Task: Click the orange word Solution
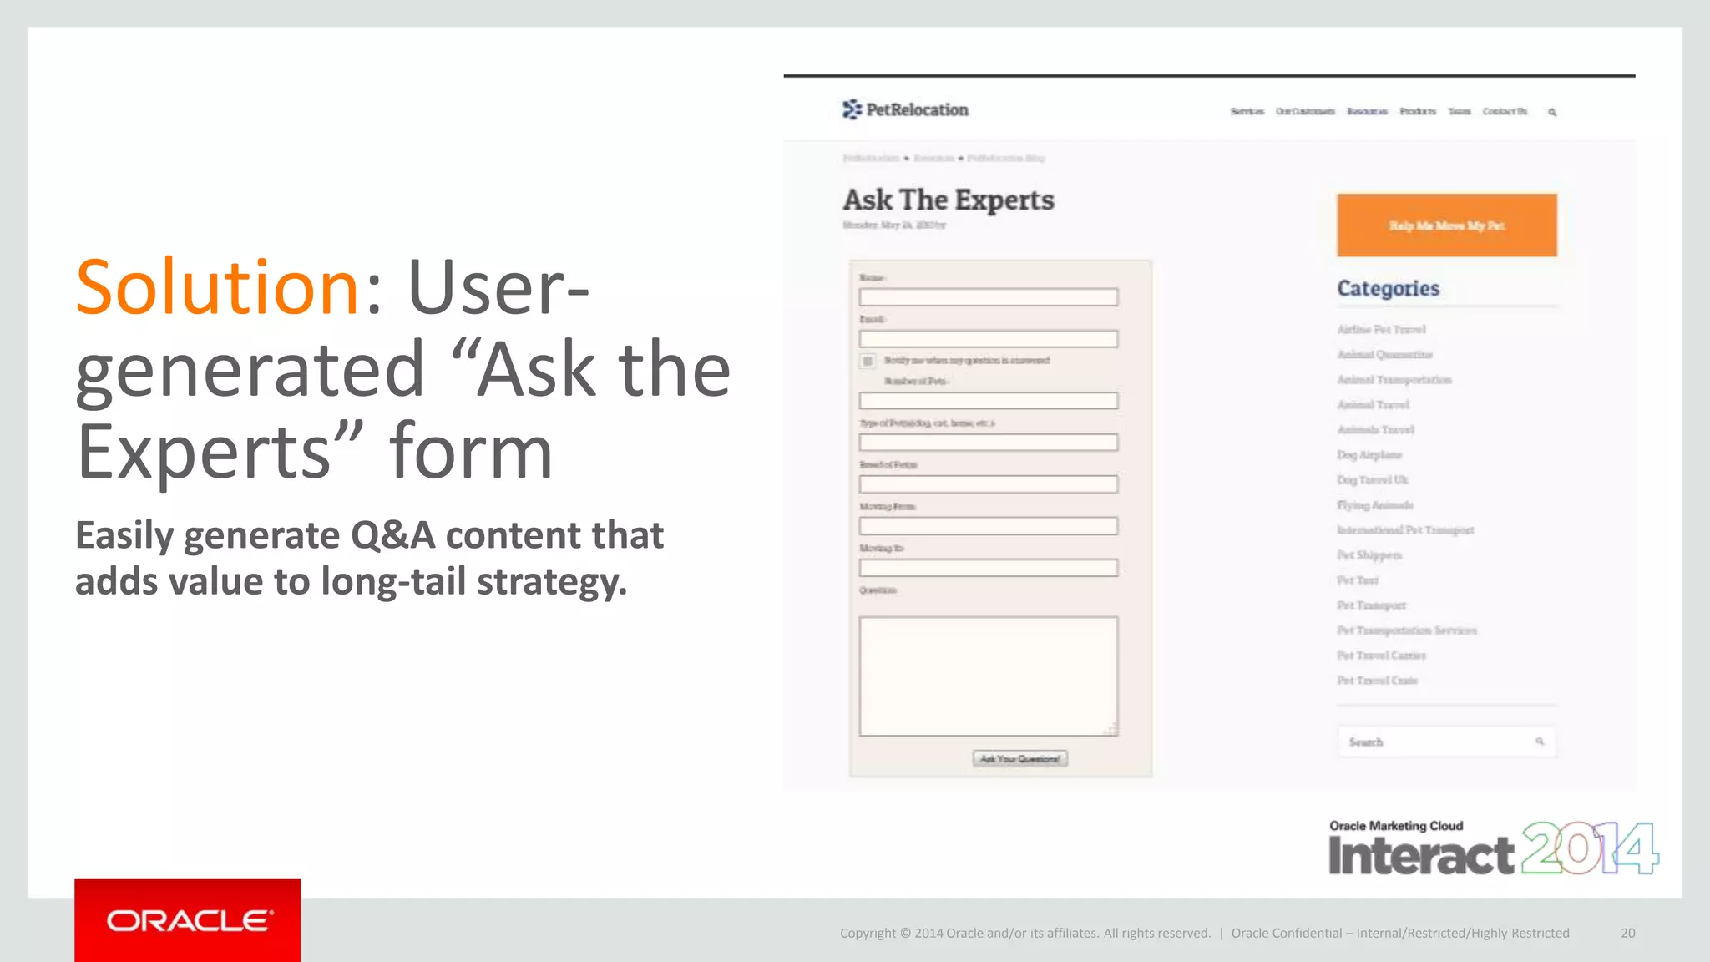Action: click(217, 287)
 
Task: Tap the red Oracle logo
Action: click(187, 920)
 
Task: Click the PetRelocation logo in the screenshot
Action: click(905, 109)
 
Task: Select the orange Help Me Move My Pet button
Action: click(1446, 225)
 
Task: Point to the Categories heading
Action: click(1388, 288)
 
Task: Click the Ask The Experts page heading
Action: click(948, 200)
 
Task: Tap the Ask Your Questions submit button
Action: click(1019, 758)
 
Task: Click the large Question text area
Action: click(988, 676)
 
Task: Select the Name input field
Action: click(988, 297)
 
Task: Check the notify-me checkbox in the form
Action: click(868, 361)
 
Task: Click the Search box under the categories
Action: click(1440, 742)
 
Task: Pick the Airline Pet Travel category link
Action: click(1381, 330)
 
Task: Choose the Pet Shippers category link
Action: click(1369, 555)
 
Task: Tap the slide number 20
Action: click(1627, 933)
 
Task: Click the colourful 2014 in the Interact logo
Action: click(1589, 848)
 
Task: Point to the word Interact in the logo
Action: click(1420, 855)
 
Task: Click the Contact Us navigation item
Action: click(1505, 112)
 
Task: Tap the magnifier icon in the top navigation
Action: click(1552, 112)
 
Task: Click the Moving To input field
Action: click(988, 568)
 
